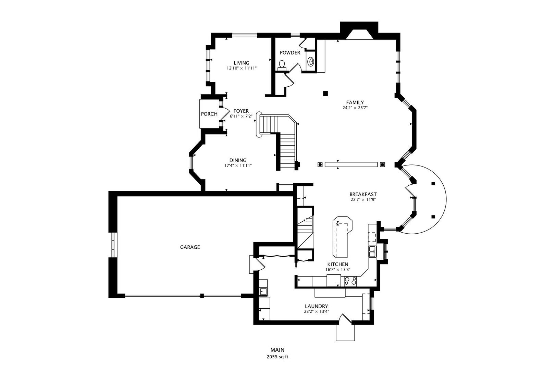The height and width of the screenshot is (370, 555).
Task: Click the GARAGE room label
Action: click(x=190, y=247)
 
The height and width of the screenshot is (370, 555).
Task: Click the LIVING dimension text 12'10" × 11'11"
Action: click(x=242, y=68)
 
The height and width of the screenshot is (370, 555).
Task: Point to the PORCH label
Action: click(x=209, y=114)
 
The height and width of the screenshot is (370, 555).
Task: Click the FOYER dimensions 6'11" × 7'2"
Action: click(x=241, y=116)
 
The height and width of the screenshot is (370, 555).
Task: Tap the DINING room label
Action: click(x=238, y=160)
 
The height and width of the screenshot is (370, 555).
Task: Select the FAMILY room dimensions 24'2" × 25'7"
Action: click(x=355, y=108)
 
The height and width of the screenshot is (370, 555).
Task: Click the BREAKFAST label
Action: click(x=363, y=194)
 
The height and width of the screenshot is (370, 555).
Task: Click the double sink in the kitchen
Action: click(x=372, y=251)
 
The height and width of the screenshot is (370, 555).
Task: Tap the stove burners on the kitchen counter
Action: click(x=350, y=281)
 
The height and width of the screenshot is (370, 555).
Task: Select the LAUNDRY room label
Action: click(x=317, y=306)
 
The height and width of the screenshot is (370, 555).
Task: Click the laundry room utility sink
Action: click(x=263, y=292)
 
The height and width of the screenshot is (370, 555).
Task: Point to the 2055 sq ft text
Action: click(x=277, y=357)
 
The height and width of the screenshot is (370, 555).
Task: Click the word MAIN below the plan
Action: click(x=277, y=350)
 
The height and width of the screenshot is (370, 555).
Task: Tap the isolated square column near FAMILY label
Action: click(x=325, y=93)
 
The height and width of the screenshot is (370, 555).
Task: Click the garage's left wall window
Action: click(x=113, y=245)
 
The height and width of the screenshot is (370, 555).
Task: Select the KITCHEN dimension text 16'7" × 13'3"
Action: click(x=338, y=270)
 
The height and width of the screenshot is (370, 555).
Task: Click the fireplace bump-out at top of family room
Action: click(x=359, y=30)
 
